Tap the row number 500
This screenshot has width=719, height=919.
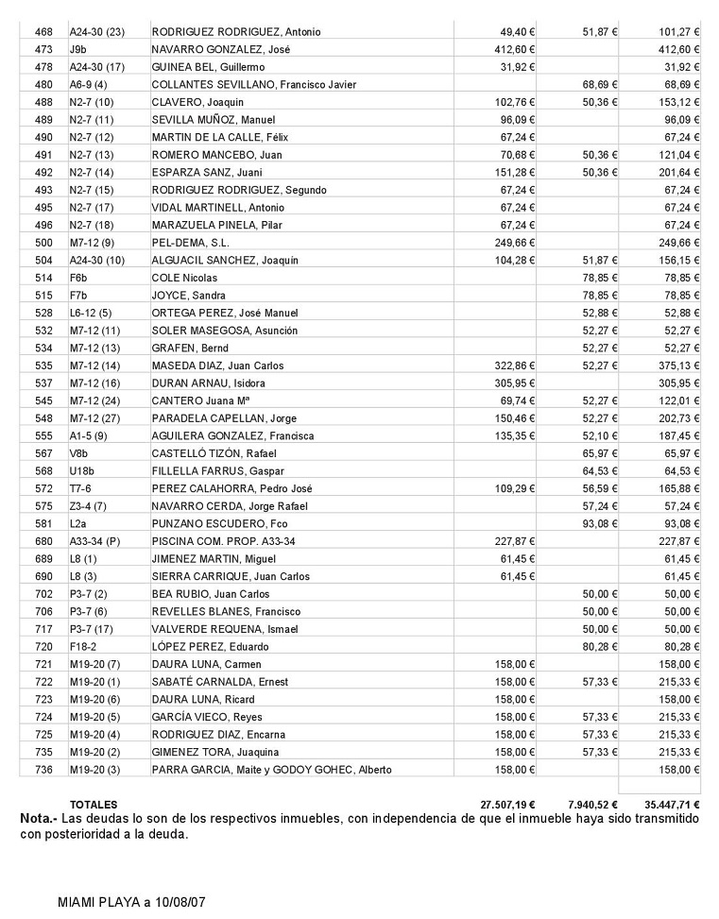coord(43,243)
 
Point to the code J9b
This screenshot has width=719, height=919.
coord(78,49)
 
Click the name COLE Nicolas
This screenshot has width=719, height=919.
coord(184,278)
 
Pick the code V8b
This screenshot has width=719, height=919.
coord(79,453)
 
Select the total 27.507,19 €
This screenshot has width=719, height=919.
coord(508,805)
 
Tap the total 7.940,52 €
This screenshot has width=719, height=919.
coord(592,805)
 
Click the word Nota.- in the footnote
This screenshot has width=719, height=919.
coord(38,818)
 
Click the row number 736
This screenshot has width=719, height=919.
coord(43,770)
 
